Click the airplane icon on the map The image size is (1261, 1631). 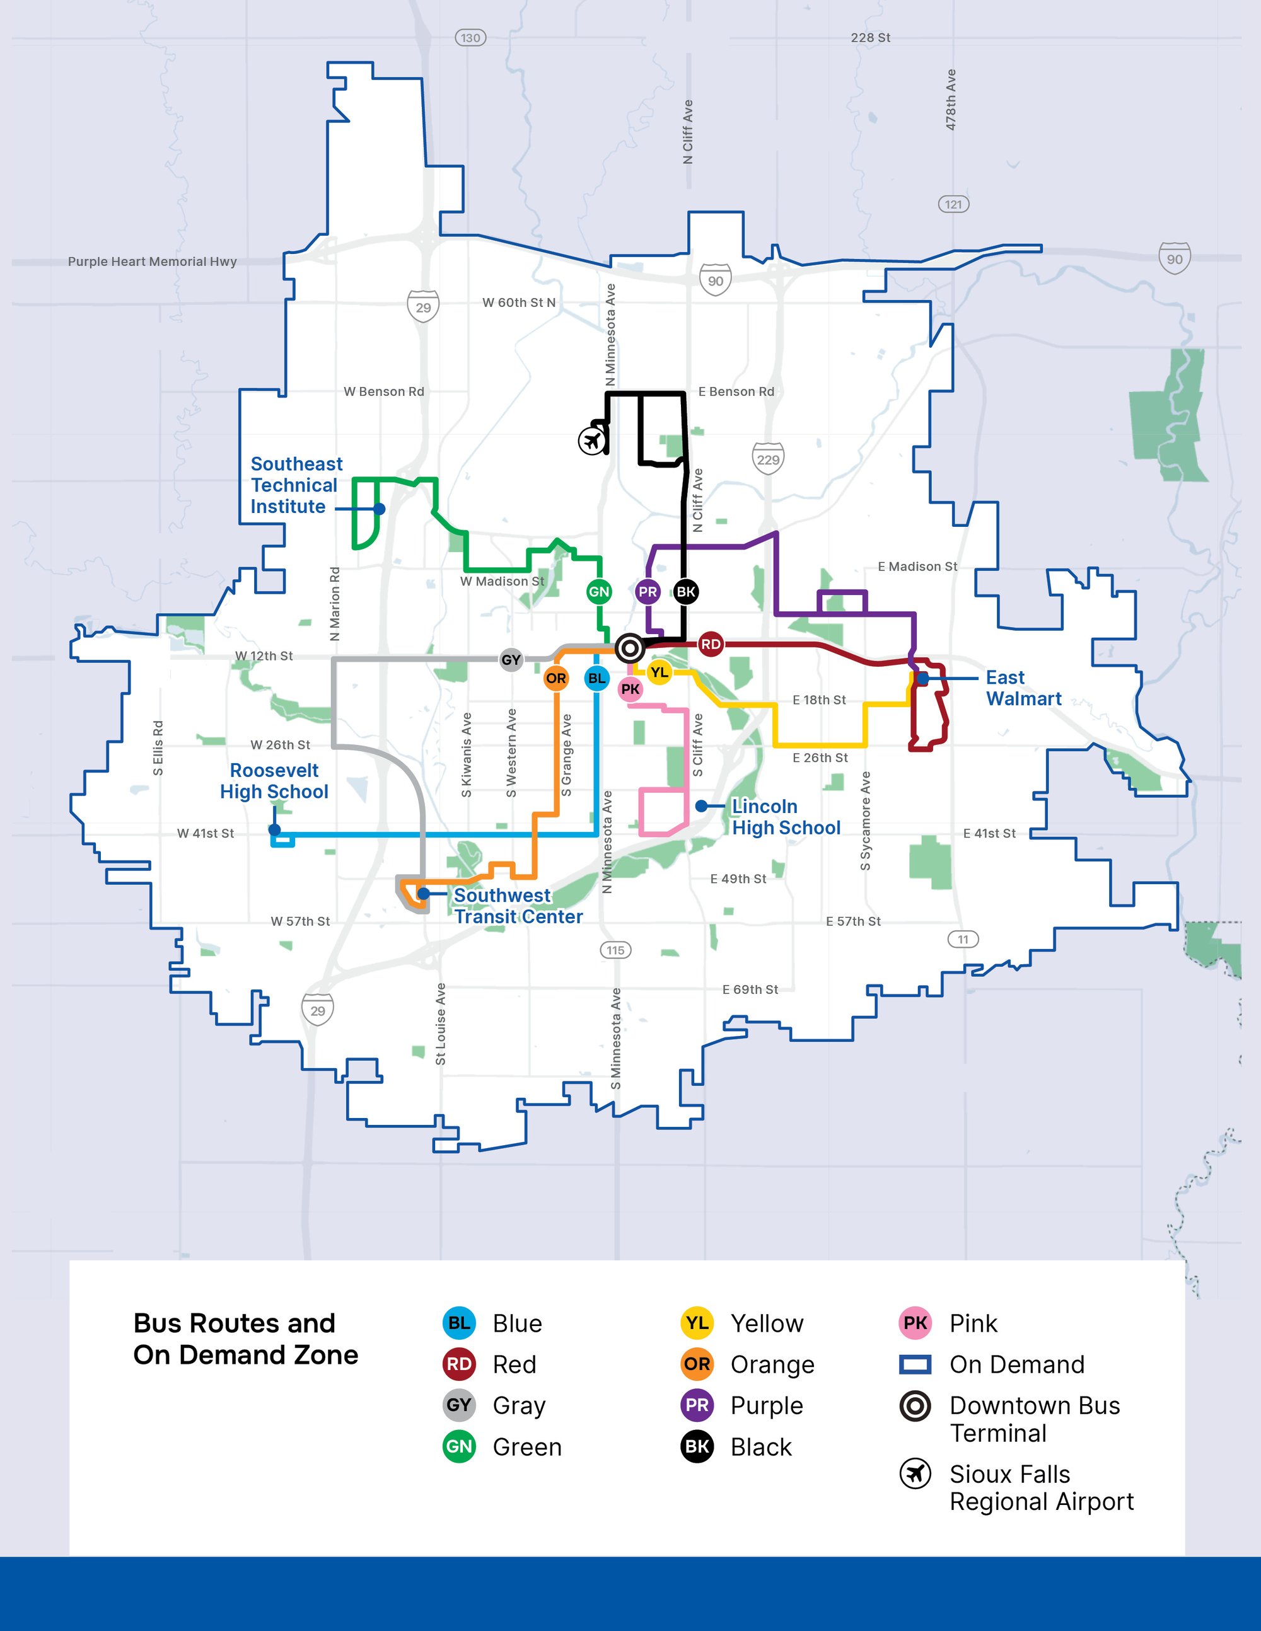(x=593, y=440)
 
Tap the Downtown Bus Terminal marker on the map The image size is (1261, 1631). (x=630, y=648)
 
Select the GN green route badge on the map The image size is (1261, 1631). (x=599, y=592)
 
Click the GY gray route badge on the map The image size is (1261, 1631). (x=511, y=659)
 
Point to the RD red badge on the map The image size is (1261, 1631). (x=711, y=643)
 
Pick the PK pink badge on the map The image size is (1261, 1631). (x=630, y=689)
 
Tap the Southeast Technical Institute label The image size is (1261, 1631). (x=296, y=485)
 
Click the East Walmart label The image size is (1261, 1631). (x=1023, y=688)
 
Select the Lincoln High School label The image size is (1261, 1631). (x=785, y=817)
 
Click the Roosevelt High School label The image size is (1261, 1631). (x=274, y=780)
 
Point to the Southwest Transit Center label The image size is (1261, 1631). (x=518, y=906)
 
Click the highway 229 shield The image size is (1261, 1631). (x=768, y=459)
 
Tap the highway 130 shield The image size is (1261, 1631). (x=470, y=37)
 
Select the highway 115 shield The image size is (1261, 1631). (x=615, y=950)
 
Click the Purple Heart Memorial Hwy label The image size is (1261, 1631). (x=153, y=262)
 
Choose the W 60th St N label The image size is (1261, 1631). (x=518, y=303)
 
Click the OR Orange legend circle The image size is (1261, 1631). (x=697, y=1364)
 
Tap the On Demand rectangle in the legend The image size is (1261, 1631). (x=915, y=1364)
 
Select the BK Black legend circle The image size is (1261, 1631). (x=697, y=1446)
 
